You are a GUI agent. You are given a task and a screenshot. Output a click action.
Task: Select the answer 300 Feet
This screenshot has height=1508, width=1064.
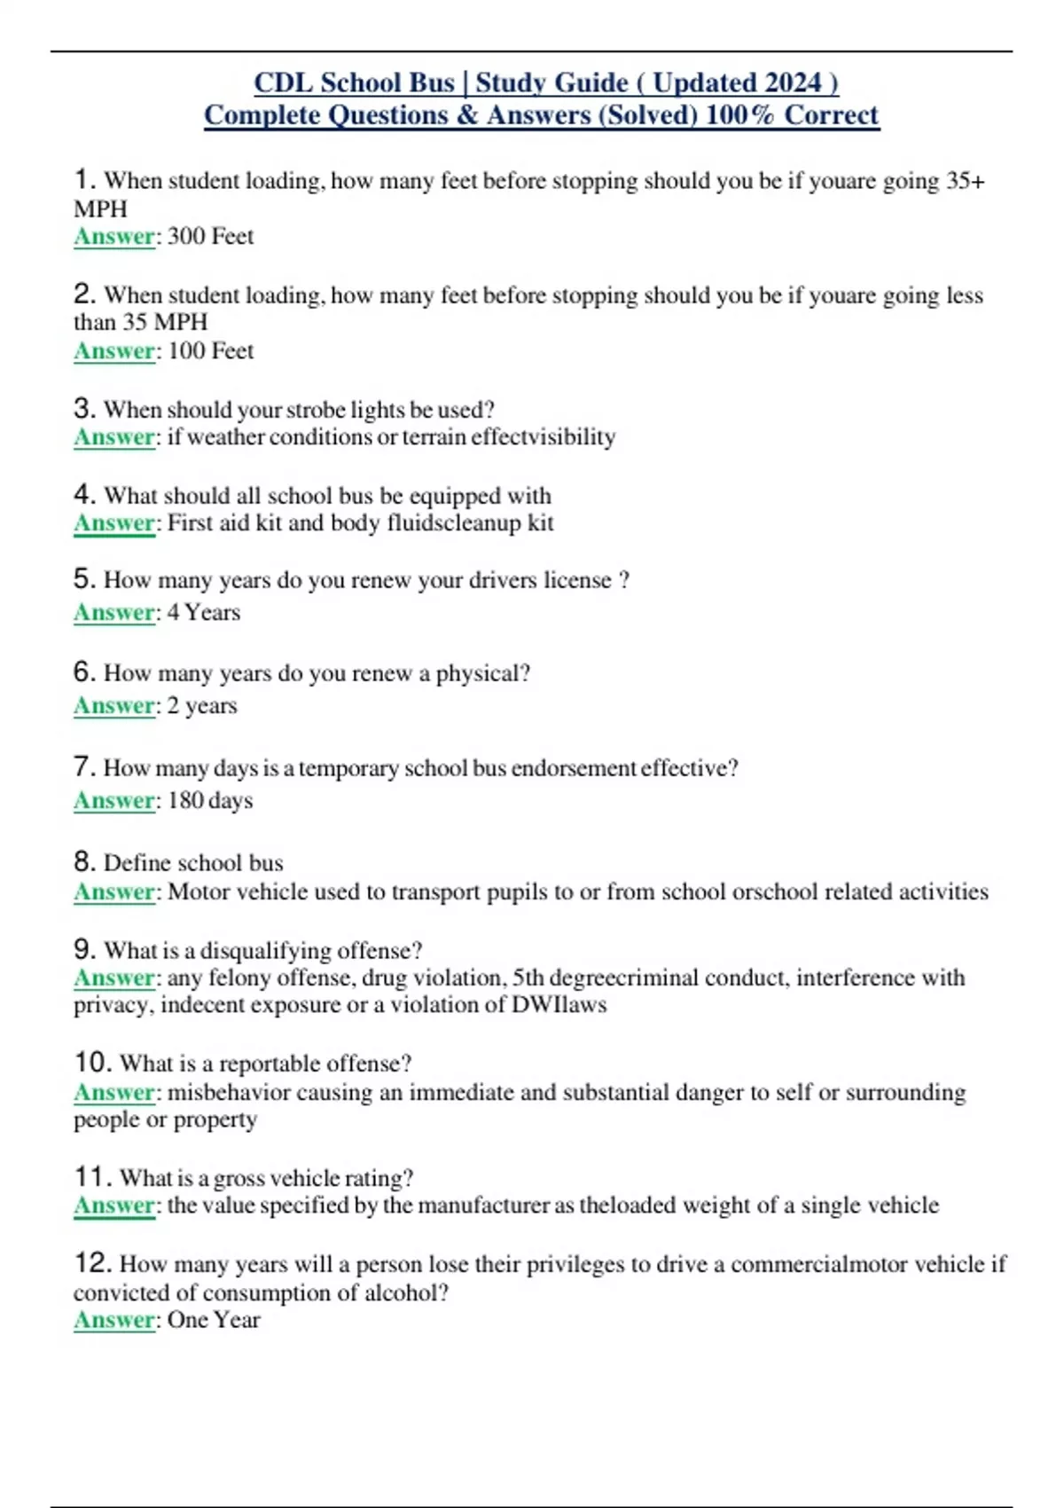click(210, 237)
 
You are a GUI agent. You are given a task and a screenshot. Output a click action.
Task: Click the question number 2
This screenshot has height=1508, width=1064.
click(84, 294)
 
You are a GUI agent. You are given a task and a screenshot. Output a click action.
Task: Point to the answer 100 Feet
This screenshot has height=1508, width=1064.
click(210, 351)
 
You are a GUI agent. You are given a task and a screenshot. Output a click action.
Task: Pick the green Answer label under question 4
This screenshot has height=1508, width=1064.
click(114, 523)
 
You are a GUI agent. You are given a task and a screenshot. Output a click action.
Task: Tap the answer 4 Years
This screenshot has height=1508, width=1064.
click(204, 613)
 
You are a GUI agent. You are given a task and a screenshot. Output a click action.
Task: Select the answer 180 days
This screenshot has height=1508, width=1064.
click(210, 801)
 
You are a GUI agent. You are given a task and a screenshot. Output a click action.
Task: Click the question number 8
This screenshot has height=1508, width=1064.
click(84, 861)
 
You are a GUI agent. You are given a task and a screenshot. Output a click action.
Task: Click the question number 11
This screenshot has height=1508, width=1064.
click(92, 1177)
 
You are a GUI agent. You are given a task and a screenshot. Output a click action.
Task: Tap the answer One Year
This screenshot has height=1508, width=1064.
click(214, 1320)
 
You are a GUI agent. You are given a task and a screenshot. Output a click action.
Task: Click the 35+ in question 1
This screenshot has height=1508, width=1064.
click(966, 181)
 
